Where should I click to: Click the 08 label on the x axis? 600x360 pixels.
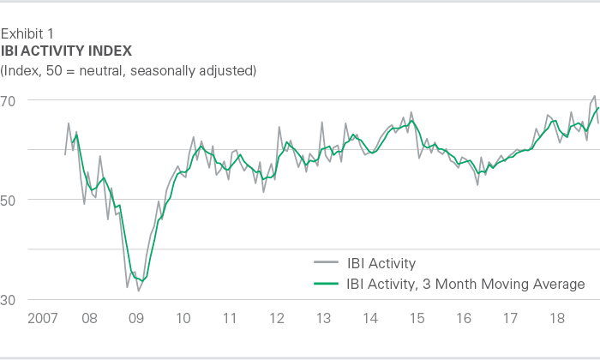click(x=89, y=319)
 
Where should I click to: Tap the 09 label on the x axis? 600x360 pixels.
click(x=136, y=319)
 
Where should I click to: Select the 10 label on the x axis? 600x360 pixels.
click(x=183, y=319)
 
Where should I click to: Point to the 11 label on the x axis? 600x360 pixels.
click(x=230, y=319)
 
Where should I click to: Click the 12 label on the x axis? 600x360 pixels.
click(x=277, y=319)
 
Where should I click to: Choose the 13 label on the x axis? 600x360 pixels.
click(x=324, y=319)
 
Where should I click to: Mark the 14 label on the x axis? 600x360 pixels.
click(x=370, y=319)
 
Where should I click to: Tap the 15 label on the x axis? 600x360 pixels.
click(x=417, y=319)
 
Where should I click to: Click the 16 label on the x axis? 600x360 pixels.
click(x=464, y=319)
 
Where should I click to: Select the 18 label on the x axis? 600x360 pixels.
click(x=558, y=319)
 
